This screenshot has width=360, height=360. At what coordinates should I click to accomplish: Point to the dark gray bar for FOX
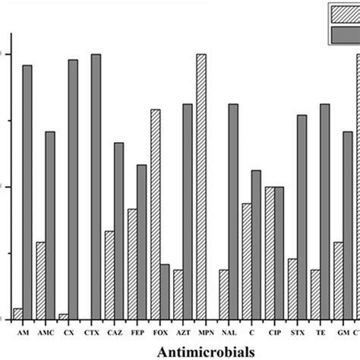(165, 292)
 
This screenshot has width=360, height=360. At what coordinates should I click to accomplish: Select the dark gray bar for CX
(73, 190)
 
